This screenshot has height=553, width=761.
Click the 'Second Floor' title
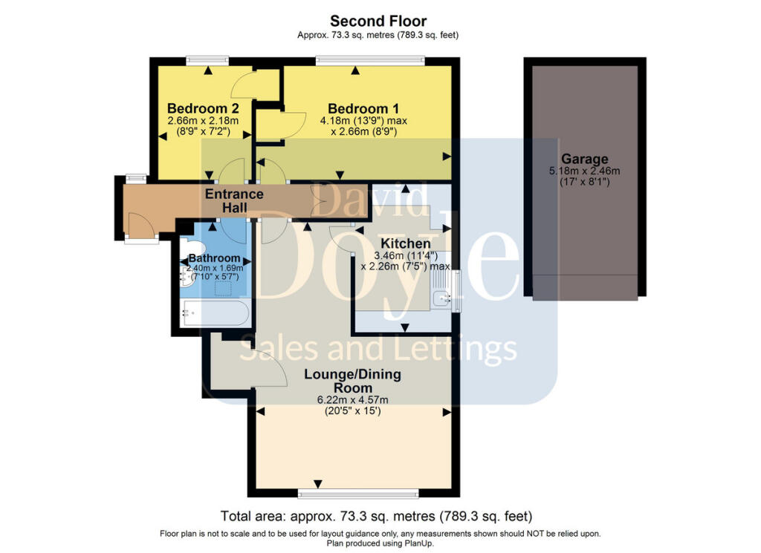click(379, 21)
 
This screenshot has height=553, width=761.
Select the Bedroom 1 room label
click(358, 108)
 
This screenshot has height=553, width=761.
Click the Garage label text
click(584, 159)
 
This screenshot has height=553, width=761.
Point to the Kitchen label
click(405, 243)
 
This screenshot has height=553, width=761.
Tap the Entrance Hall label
click(234, 201)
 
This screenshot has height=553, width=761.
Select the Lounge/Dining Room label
click(353, 381)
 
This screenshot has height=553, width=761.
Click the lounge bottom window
click(357, 493)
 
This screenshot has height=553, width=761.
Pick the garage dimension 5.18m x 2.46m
click(584, 171)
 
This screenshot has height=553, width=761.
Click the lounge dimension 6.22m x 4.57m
click(353, 401)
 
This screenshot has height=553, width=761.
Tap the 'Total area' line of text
click(376, 516)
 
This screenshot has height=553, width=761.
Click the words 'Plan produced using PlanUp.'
click(380, 543)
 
